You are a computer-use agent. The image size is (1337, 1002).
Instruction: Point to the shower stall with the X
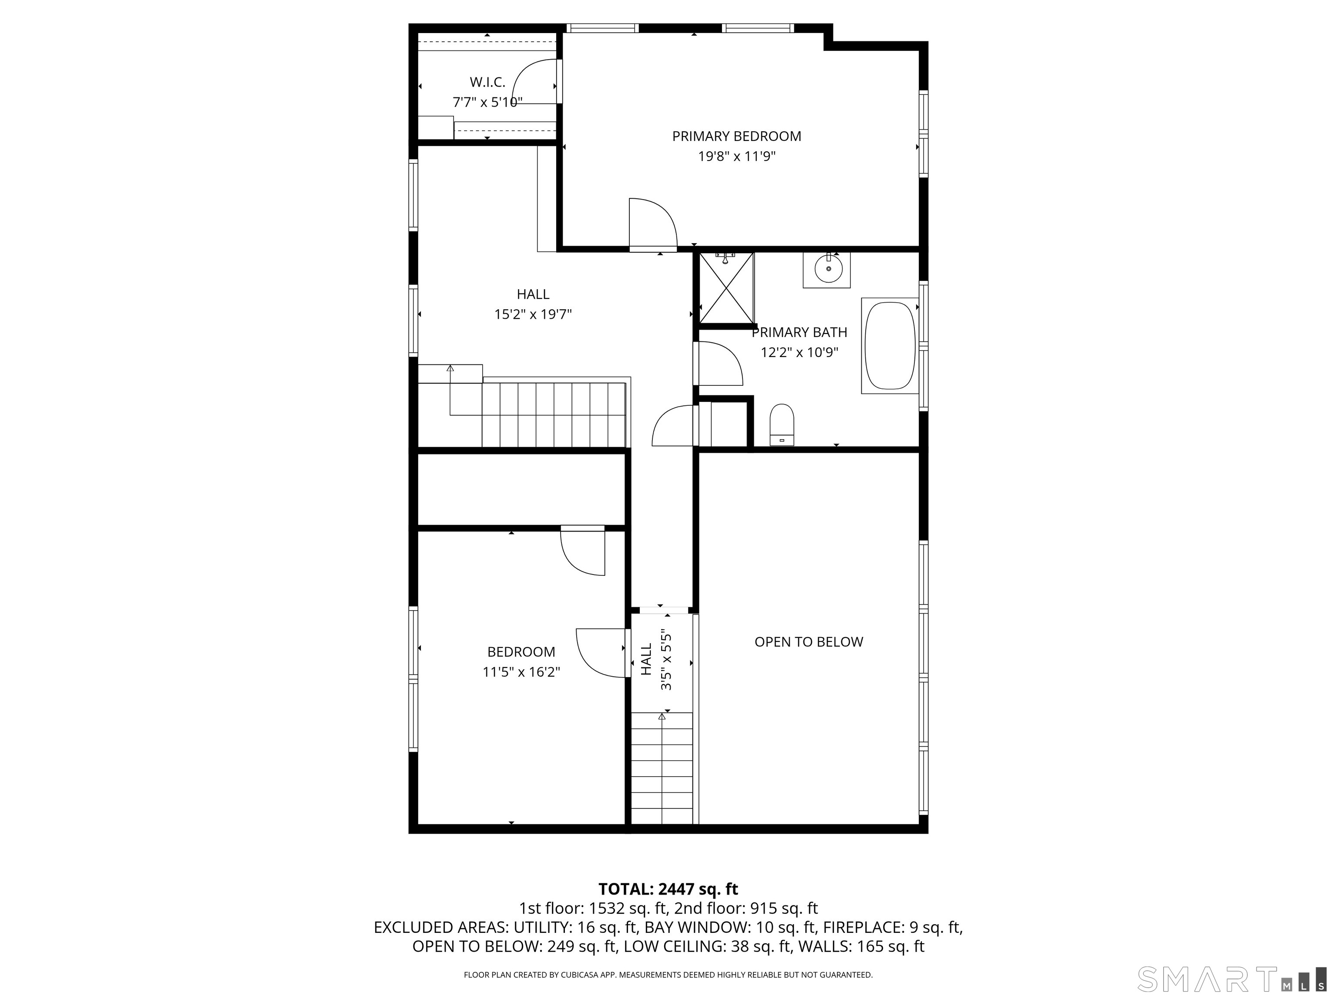point(726,288)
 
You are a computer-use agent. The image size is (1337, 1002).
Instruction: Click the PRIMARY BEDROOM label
point(737,137)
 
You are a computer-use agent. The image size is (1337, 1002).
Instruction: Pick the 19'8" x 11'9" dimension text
point(737,157)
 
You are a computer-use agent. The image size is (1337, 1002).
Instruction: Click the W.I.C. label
point(487,82)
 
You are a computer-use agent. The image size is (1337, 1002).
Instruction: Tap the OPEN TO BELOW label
point(809,642)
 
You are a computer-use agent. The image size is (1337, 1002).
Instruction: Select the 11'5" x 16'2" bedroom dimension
point(521,671)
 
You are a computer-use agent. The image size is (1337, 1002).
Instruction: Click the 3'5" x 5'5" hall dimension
point(666,661)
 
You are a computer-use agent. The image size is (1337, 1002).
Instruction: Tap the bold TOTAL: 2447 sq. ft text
point(668,889)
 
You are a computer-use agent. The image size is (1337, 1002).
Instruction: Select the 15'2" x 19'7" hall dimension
point(533,314)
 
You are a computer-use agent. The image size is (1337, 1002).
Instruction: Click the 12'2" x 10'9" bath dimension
point(799,352)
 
